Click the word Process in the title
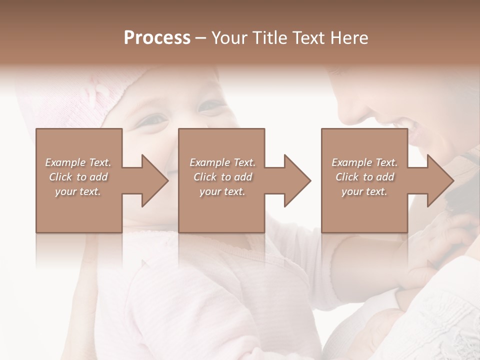click(x=157, y=38)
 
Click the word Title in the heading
click(x=268, y=38)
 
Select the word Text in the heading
click(x=308, y=38)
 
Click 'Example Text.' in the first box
click(x=78, y=162)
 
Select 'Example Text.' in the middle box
click(x=222, y=162)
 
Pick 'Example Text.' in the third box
click(x=364, y=162)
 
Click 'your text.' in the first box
click(x=78, y=191)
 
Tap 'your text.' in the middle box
click(x=222, y=191)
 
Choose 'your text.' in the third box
click(x=364, y=191)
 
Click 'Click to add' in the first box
click(x=78, y=177)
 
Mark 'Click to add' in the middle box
click(x=222, y=177)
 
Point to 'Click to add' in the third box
click(x=364, y=177)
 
